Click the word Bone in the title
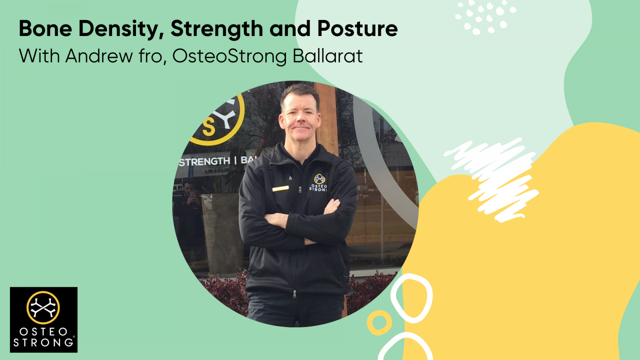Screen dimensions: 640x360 tap(45, 28)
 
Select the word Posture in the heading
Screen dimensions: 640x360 tap(357, 28)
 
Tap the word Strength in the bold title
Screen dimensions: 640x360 tap(217, 29)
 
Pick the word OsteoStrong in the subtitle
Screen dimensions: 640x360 tap(230, 56)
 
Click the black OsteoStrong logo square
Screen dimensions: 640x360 tap(44, 320)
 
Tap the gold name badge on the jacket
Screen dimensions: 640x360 tap(280, 188)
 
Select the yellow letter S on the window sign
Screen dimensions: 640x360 tap(208, 128)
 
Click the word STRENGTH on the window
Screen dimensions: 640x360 tap(204, 162)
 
